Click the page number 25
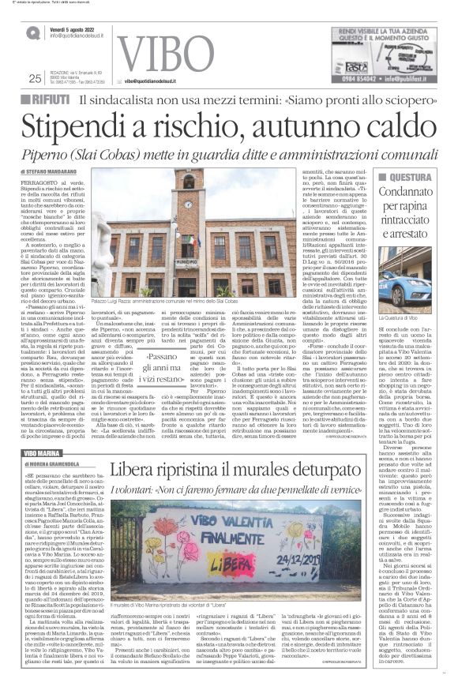[35, 77]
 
